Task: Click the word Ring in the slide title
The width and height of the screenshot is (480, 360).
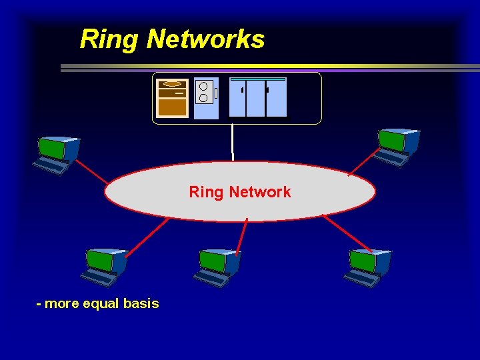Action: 109,39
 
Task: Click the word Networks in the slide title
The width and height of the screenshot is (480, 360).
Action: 205,39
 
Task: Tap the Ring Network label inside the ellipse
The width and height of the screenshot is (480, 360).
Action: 240,192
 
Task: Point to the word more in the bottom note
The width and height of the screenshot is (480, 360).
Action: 62,304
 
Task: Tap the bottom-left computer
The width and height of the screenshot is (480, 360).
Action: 105,267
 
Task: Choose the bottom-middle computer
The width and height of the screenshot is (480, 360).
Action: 217,267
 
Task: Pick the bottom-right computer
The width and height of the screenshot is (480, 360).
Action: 368,267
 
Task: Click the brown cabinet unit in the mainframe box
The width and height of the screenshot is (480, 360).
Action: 173,98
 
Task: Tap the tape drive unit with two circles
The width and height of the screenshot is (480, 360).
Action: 206,98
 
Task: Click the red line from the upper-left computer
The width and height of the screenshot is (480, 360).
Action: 92,171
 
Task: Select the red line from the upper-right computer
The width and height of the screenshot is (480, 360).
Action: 363,164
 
